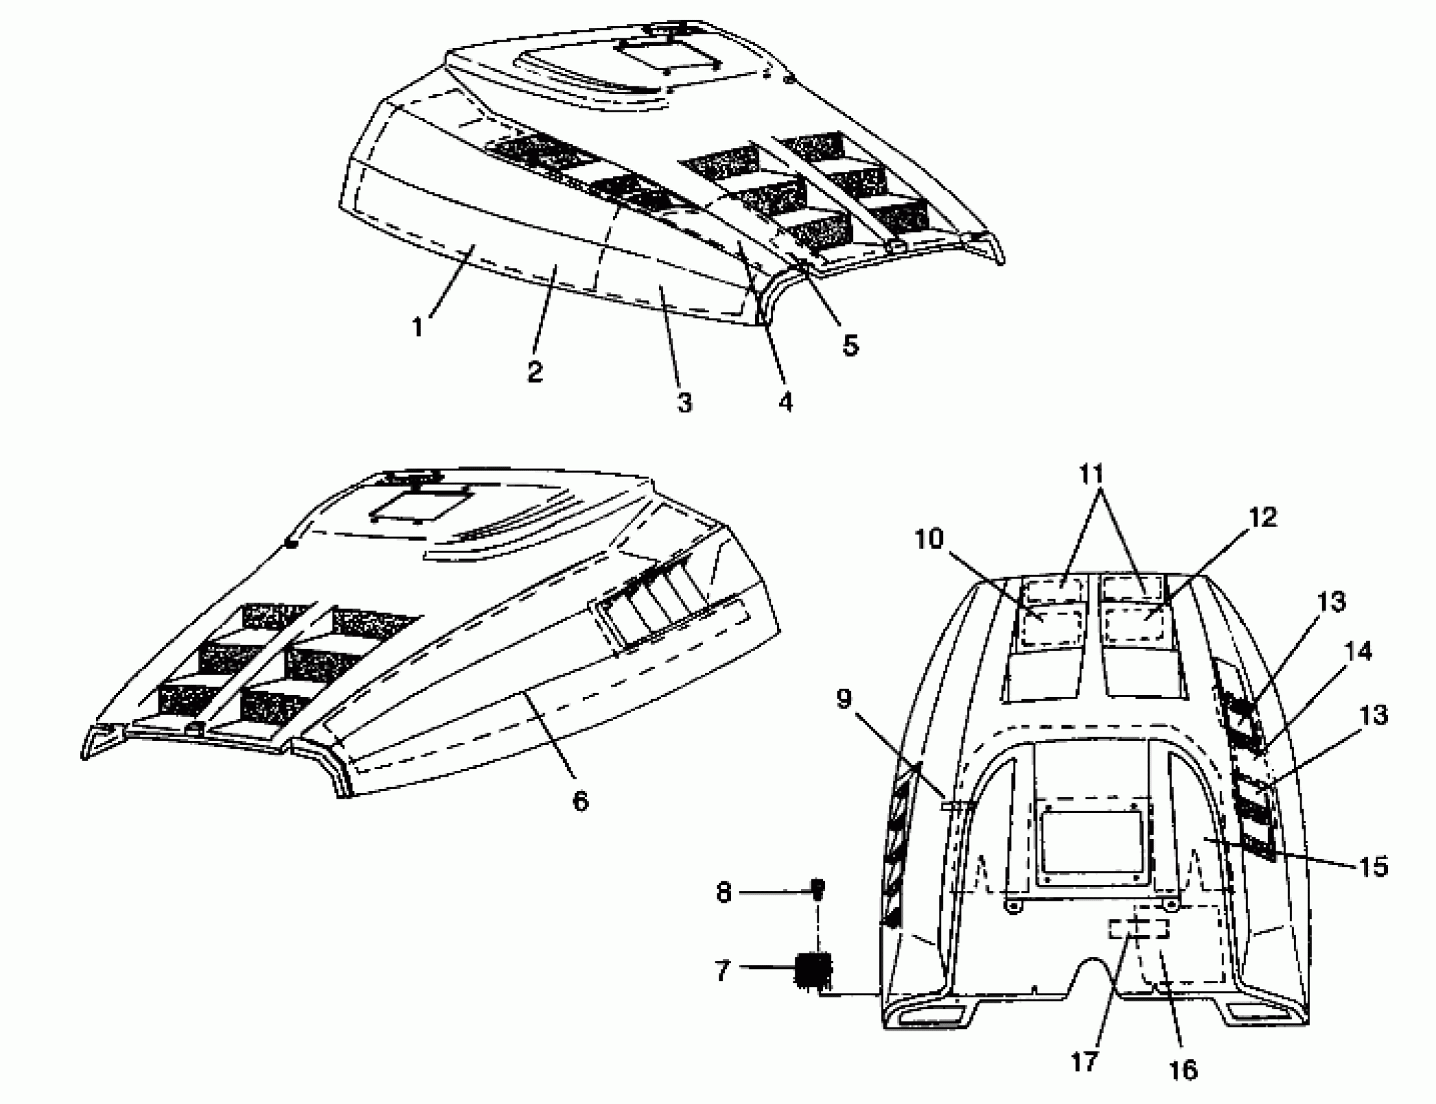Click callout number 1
pos(417,327)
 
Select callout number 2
pos(535,372)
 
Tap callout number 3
pos(684,402)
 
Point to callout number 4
pos(786,401)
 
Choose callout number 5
pos(850,344)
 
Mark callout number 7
pos(723,971)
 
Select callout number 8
pos(723,893)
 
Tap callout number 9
pos(845,699)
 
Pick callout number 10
pos(929,539)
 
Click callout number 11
pos(1093,473)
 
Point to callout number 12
pos(1263,517)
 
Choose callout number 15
pos(1372,867)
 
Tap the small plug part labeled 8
pos(818,891)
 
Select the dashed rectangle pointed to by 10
pos(1048,625)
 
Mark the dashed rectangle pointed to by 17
pos(1139,929)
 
